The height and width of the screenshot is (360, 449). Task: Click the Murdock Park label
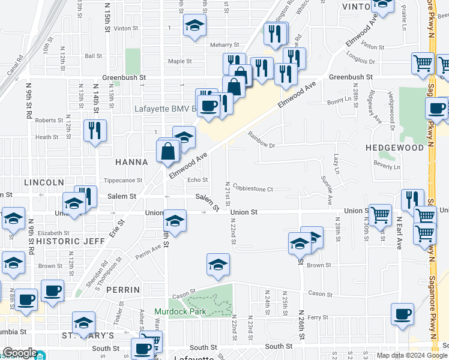click(x=179, y=311)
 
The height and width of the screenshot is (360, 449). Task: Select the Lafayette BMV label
click(x=164, y=109)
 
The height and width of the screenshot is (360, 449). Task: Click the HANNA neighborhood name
click(x=131, y=162)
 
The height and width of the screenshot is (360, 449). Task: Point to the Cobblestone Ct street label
click(x=253, y=189)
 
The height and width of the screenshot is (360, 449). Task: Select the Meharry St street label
click(x=224, y=45)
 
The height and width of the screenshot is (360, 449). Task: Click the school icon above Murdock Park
click(x=218, y=264)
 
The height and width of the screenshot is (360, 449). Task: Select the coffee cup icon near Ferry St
click(x=402, y=313)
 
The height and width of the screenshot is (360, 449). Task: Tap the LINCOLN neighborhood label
click(x=44, y=182)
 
